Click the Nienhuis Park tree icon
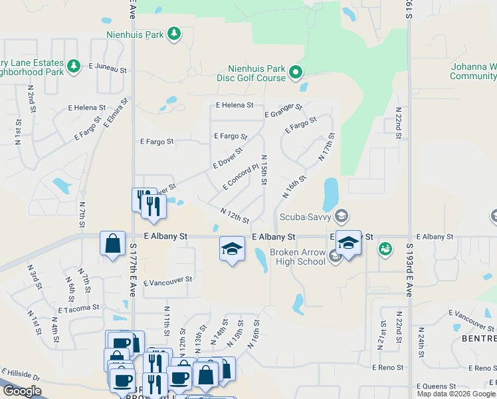[x=173, y=33]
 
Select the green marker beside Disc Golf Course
[x=296, y=72]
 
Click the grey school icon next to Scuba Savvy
[x=341, y=215]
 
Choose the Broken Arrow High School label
[x=297, y=257]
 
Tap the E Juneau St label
[x=107, y=67]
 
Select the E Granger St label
[x=283, y=110]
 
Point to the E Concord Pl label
[x=241, y=178]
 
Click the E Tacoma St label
[x=78, y=309]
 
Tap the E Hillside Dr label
[x=21, y=376]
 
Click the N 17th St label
[x=327, y=148]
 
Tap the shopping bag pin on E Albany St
[x=112, y=243]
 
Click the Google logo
[x=22, y=391]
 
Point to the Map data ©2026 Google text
[x=456, y=393]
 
